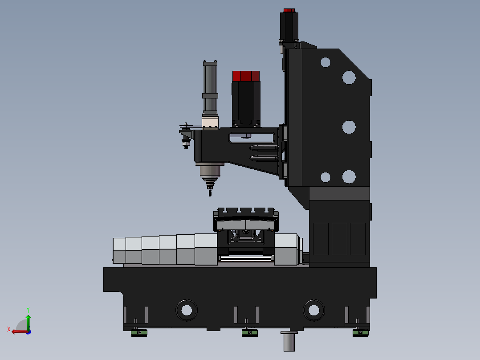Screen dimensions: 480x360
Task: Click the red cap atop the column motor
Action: click(289, 10)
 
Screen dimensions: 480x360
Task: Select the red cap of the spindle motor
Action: click(246, 76)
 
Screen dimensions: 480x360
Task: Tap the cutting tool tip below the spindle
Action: click(210, 193)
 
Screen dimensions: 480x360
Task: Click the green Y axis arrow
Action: click(28, 323)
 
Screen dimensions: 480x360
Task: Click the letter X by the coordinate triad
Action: click(9, 329)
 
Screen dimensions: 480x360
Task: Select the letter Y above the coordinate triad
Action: click(28, 310)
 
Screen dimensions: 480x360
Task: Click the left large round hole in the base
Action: click(187, 310)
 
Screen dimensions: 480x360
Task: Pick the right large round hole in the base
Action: click(314, 310)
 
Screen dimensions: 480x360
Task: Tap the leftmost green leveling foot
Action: click(139, 333)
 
